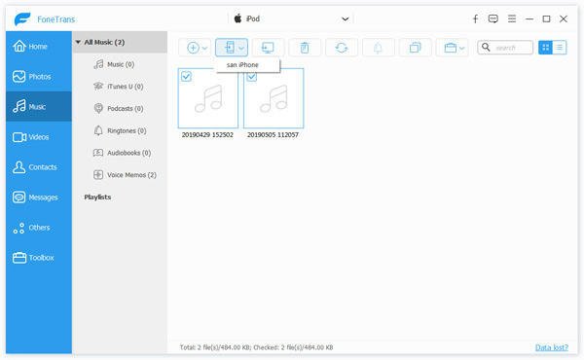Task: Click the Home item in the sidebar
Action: (37, 46)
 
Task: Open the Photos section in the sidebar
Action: (39, 76)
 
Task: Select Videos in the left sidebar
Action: (39, 137)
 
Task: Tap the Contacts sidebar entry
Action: (41, 167)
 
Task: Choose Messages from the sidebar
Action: (42, 198)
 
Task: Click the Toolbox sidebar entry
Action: (40, 258)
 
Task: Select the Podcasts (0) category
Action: (125, 109)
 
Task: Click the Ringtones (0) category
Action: (126, 130)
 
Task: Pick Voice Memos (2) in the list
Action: (130, 175)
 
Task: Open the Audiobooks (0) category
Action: (128, 153)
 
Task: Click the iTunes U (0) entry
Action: (125, 87)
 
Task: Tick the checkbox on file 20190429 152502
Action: (187, 77)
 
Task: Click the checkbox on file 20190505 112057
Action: (252, 77)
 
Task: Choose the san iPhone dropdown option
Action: (242, 64)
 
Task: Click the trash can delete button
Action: (305, 47)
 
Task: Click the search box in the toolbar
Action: (510, 47)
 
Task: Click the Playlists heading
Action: (97, 198)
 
